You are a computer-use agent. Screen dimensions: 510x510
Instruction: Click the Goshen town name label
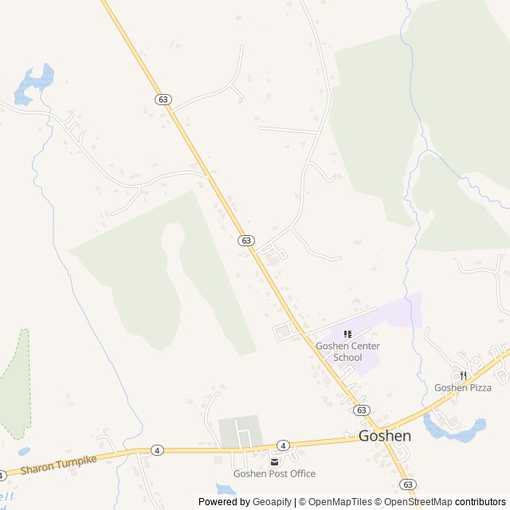coord(384,436)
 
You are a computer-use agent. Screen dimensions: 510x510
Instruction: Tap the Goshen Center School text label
coord(347,351)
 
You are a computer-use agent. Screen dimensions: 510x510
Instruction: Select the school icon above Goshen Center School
coord(347,335)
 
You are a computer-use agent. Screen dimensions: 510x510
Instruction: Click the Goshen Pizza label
coord(462,387)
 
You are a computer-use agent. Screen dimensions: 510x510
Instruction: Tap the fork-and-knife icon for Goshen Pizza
coord(462,375)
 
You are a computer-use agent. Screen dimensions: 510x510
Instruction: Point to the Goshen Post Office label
coord(274,473)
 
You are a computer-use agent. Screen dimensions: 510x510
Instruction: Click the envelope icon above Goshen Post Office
coord(274,461)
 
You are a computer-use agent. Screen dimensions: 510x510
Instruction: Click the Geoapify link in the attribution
coord(273,502)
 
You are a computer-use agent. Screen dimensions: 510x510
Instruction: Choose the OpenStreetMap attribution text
coord(415,502)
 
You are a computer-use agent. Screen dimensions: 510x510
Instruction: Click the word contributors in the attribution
coord(480,502)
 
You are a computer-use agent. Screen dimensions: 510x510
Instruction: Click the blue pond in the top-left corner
coord(33,82)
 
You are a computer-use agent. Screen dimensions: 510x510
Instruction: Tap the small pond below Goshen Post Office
coord(226,488)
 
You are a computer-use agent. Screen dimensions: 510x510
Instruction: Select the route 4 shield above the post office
coord(283,445)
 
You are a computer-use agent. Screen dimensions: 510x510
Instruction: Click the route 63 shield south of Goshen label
coord(408,484)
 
